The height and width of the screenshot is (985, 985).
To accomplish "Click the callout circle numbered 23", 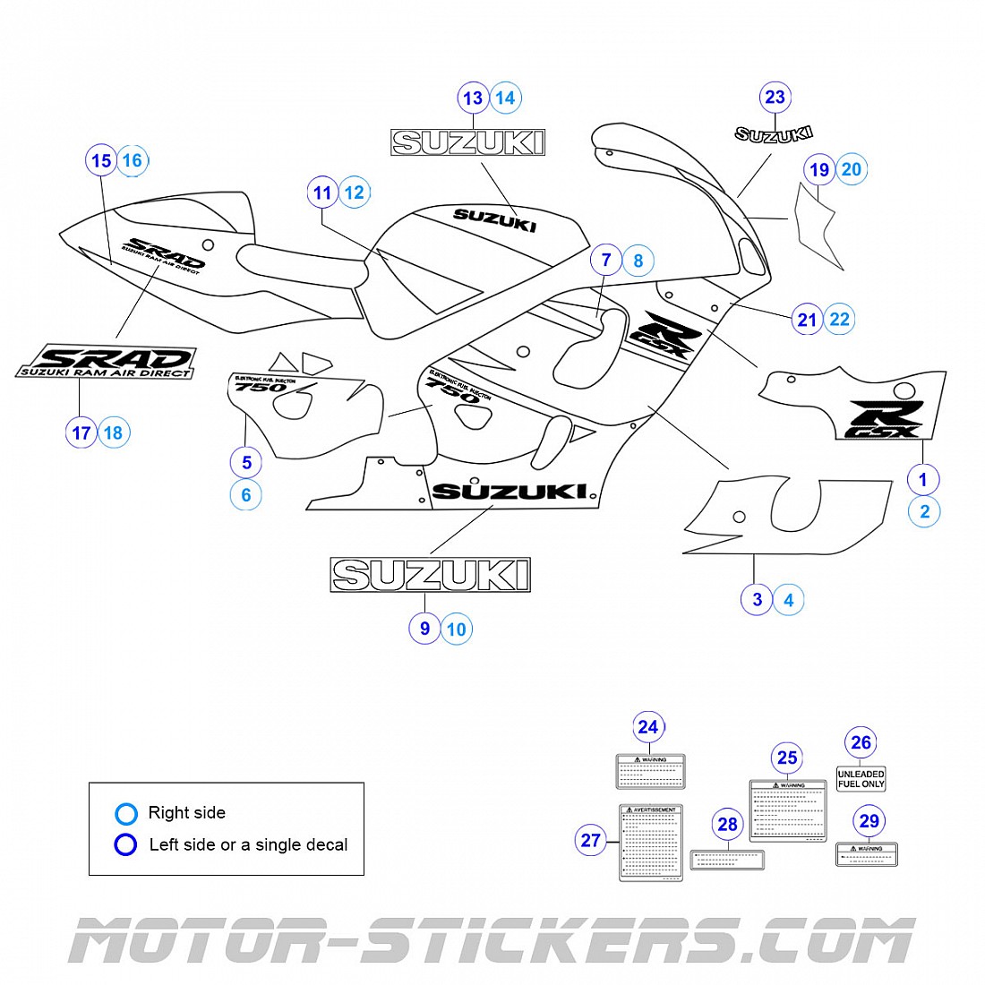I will (x=775, y=98).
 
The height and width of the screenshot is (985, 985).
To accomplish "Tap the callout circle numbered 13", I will (x=473, y=98).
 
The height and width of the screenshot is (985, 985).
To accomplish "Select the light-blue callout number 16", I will (x=133, y=161).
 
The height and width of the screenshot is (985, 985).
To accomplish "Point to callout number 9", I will (x=424, y=629).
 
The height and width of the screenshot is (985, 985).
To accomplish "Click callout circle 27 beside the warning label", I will (x=591, y=840).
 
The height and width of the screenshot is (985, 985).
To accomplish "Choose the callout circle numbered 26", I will (x=861, y=742).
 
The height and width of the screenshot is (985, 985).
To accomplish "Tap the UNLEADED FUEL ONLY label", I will (x=861, y=779).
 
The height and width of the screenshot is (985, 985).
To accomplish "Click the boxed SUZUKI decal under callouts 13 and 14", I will (x=467, y=142).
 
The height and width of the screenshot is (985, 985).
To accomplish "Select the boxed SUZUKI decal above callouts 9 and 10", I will (x=431, y=575).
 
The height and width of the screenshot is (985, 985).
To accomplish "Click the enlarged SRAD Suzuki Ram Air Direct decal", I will (x=107, y=361).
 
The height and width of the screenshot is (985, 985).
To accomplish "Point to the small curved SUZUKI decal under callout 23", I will (x=774, y=134).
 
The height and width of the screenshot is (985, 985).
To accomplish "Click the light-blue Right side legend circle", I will (x=126, y=813).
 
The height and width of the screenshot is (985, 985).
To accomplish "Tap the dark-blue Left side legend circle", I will (x=126, y=844).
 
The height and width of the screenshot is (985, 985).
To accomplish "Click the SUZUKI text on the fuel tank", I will (x=494, y=219).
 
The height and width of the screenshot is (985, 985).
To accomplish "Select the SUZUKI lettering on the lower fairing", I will (x=510, y=492).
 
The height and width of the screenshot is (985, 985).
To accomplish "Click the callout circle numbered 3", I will (x=757, y=599).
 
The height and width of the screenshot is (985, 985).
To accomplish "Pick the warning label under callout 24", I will (x=651, y=771).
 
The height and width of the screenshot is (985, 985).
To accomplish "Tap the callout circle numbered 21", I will (x=808, y=320).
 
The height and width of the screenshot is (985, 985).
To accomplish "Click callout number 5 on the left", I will (x=246, y=462).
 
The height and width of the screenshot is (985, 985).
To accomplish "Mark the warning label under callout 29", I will (x=867, y=854).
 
